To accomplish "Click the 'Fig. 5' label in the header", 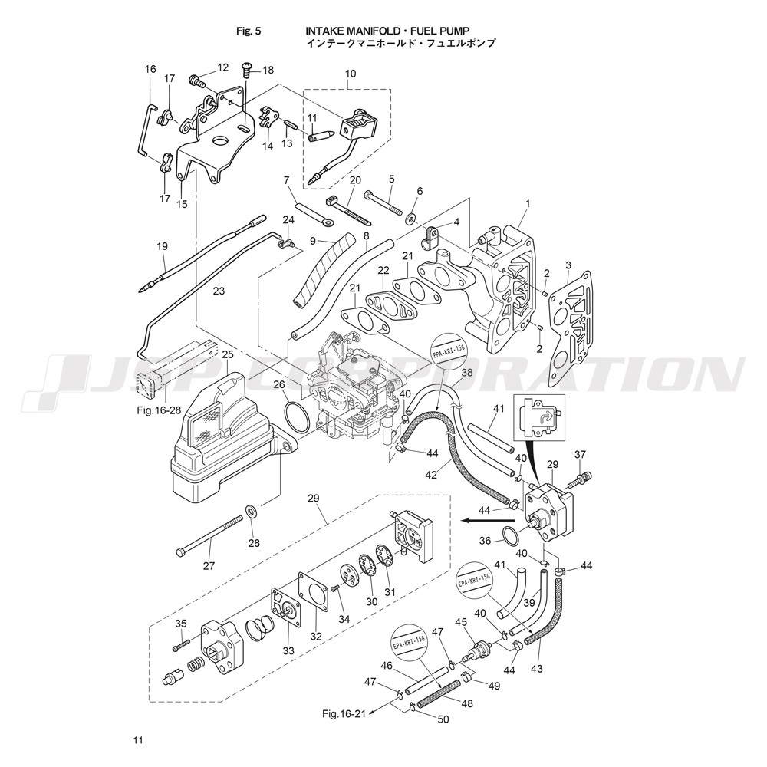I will click(250, 31).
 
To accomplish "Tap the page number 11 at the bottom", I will click(137, 740).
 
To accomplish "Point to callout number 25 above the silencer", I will click(228, 354).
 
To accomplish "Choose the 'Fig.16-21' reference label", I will click(344, 714).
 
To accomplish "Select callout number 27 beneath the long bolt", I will click(209, 566).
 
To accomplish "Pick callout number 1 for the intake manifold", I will click(528, 203).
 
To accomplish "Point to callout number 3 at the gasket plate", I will click(568, 265).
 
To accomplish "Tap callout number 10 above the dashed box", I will click(351, 74).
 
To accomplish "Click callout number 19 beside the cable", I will click(162, 247).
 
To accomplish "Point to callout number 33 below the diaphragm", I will click(288, 651).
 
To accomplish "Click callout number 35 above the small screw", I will click(181, 622).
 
